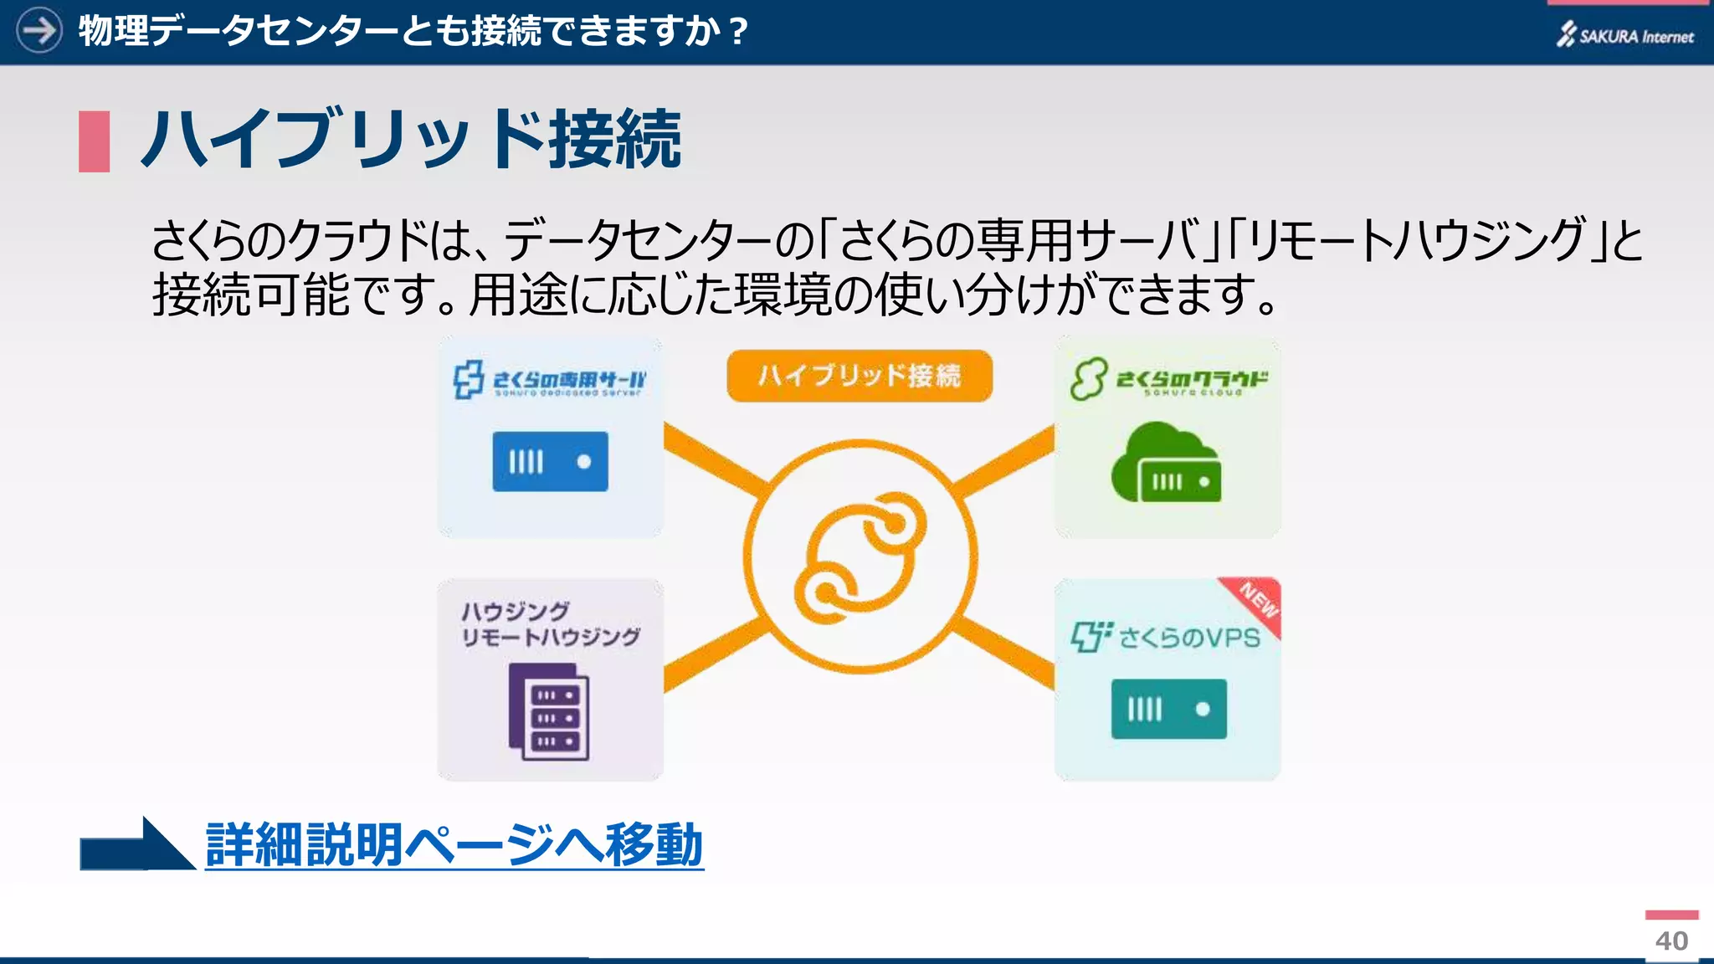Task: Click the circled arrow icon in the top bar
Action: (39, 31)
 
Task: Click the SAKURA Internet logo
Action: (1624, 35)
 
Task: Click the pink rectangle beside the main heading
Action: (95, 141)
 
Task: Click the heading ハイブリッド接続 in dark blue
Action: (411, 140)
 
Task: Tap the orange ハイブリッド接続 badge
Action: (860, 376)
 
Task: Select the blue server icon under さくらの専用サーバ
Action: (550, 461)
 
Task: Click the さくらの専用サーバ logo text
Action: (568, 380)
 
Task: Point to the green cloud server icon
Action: (1166, 464)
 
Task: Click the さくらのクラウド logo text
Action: (1192, 380)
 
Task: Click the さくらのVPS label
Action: (1188, 638)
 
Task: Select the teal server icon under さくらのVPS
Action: (1168, 709)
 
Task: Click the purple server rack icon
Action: (549, 711)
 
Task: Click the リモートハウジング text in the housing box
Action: (551, 638)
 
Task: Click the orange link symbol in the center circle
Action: (860, 557)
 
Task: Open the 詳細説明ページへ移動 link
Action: (454, 844)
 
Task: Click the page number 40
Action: (1671, 941)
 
